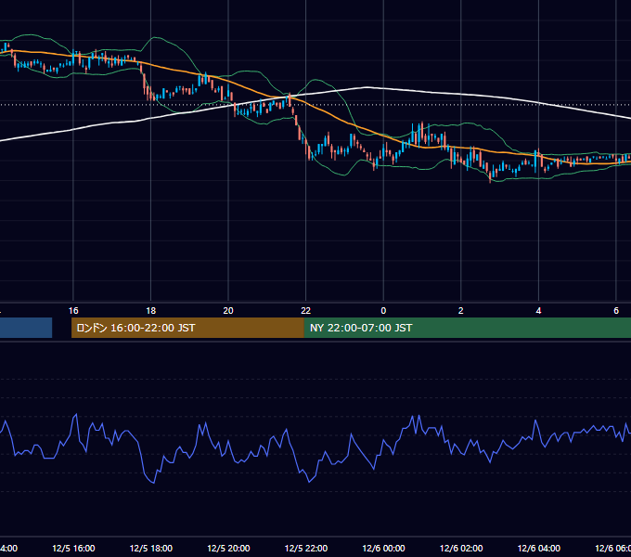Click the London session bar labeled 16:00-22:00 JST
pos(187,328)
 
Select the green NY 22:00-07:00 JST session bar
pos(467,328)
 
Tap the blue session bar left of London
pos(26,328)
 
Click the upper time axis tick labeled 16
pos(73,311)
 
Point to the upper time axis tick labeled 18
pos(151,311)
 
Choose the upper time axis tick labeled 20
pos(228,311)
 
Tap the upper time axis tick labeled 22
pos(306,311)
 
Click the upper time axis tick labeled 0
pos(383,311)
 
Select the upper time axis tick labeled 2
pos(461,311)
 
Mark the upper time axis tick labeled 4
pos(538,311)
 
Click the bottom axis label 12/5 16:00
pos(73,548)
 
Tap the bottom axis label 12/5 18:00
pos(151,548)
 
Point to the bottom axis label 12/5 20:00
pos(228,548)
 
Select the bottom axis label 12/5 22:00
pos(306,548)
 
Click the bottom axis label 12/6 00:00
pos(383,548)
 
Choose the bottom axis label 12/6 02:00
pos(461,548)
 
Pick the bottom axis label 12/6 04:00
pos(539,548)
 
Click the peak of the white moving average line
pos(367,87)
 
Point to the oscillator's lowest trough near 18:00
pos(154,483)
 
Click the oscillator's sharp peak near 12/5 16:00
pos(76,414)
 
